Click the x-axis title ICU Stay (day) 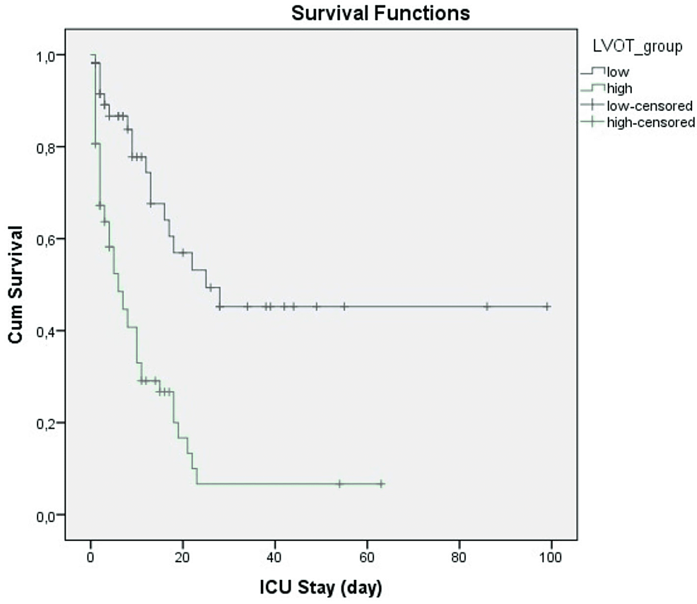[320, 587]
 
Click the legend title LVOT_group [638, 47]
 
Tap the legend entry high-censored [650, 122]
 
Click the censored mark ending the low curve [547, 307]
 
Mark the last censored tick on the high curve [381, 484]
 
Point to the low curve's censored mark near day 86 [487, 307]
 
